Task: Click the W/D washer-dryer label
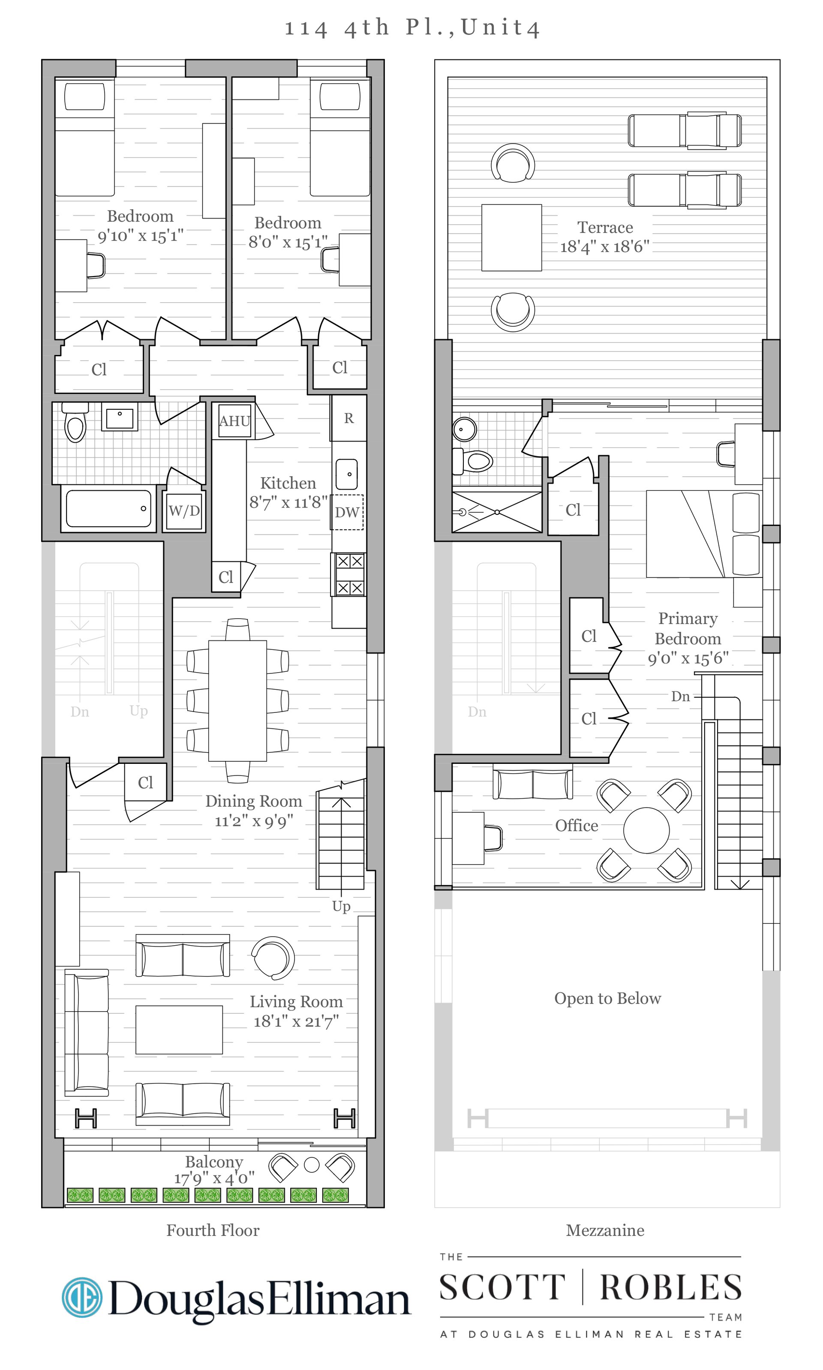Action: (x=184, y=511)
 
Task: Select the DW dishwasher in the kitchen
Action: (x=347, y=512)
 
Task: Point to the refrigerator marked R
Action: (x=349, y=418)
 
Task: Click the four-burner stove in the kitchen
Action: (x=349, y=574)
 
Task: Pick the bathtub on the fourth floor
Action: (x=109, y=508)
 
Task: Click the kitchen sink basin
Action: (x=347, y=474)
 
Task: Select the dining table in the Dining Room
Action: (x=237, y=701)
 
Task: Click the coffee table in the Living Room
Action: (x=179, y=1030)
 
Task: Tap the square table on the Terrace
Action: (x=511, y=237)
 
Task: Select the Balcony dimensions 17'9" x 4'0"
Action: (x=214, y=1178)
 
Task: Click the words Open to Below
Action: (x=607, y=998)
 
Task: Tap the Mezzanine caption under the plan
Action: (x=605, y=1230)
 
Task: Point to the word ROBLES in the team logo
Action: (x=671, y=1287)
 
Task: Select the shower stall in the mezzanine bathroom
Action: (x=497, y=512)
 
